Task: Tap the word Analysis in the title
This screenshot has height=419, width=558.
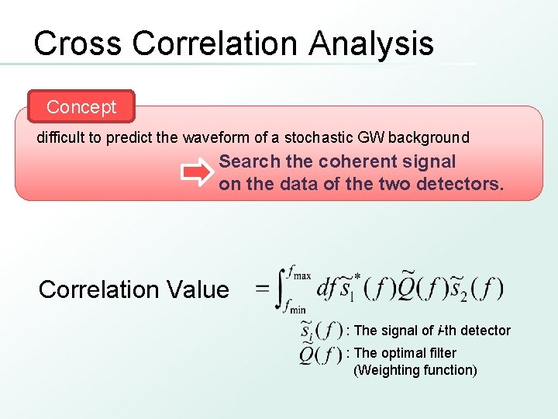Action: (371, 43)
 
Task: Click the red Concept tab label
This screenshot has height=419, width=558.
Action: (81, 107)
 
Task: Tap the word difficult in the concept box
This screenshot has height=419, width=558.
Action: (63, 138)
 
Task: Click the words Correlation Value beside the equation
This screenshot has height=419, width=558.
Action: (133, 289)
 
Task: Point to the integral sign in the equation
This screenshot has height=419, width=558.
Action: (281, 289)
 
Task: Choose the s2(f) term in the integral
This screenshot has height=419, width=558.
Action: (472, 289)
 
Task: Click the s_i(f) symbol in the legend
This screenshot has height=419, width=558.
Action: (321, 331)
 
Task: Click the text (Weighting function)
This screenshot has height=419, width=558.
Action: (415, 370)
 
